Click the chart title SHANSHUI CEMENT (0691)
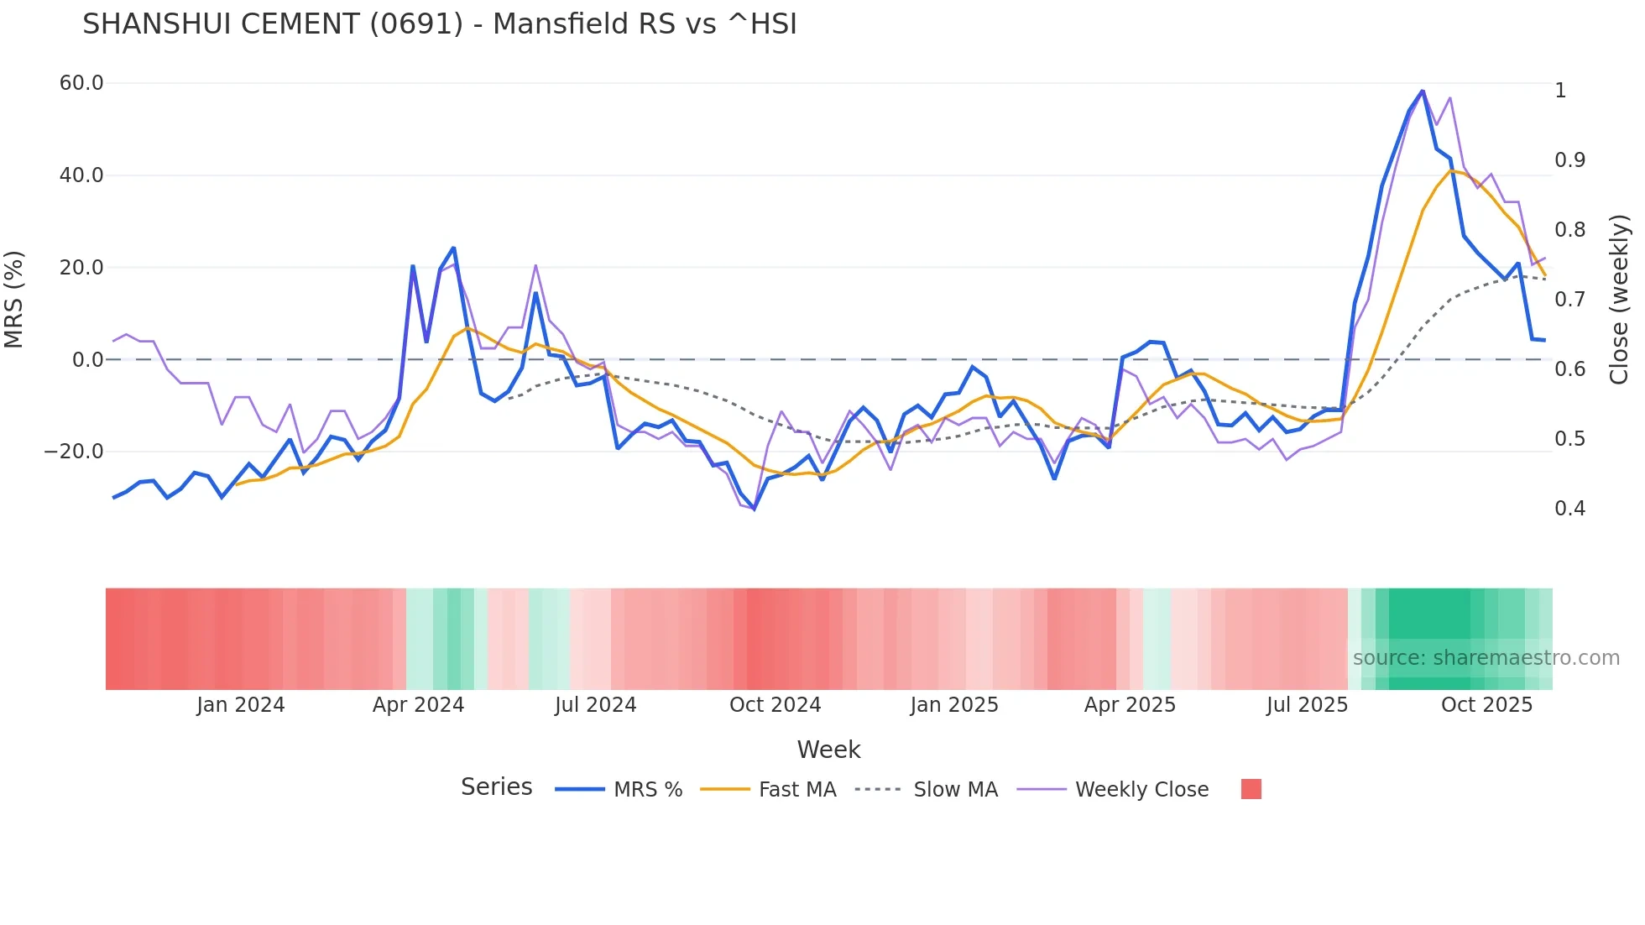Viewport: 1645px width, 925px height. pos(439,24)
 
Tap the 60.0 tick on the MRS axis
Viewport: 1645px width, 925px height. pos(81,83)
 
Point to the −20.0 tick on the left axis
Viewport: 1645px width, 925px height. pos(74,452)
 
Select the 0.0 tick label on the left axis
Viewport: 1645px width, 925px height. pos(87,360)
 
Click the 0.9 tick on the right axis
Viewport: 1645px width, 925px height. pos(1569,160)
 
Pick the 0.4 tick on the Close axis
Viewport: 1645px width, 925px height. pos(1569,509)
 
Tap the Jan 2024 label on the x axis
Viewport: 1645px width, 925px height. pos(241,705)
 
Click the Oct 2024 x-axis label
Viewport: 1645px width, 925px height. pos(775,705)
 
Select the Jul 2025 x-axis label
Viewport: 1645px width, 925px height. pos(1307,705)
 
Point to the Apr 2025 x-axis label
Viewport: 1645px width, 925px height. pos(1130,705)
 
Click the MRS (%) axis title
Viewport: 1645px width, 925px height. pos(14,300)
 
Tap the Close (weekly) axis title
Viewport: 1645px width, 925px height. pos(1619,300)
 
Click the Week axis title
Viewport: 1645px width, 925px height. pos(828,750)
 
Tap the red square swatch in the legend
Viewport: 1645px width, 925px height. pos(1251,789)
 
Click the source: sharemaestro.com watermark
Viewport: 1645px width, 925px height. pos(1486,658)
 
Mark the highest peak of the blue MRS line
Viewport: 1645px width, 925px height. pos(1423,91)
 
